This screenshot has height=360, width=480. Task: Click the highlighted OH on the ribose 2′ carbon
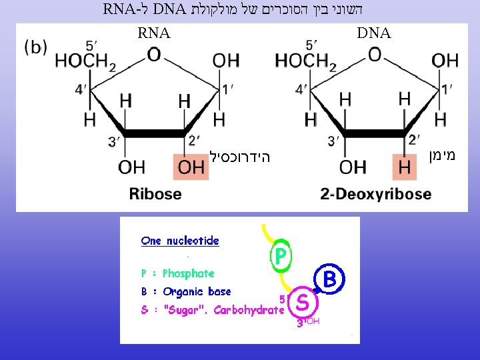tap(191, 167)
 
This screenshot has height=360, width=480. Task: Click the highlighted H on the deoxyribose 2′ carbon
tap(405, 167)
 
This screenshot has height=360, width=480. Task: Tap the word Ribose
tap(155, 194)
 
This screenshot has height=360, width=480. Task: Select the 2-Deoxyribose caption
tap(375, 194)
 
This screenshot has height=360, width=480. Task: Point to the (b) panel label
tap(35, 47)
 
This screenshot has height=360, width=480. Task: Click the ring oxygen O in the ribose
tap(154, 54)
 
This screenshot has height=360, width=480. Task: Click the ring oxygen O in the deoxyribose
tap(375, 54)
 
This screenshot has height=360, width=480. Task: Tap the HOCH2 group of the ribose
tap(85, 61)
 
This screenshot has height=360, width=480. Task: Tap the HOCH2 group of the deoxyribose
tap(306, 61)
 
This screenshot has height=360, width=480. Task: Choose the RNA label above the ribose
tap(154, 33)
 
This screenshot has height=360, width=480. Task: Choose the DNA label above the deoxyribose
tap(374, 33)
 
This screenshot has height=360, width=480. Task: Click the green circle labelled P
tap(281, 255)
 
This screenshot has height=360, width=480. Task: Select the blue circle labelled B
tap(330, 279)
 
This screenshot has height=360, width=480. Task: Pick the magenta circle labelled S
tap(302, 303)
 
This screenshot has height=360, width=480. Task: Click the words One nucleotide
tap(180, 241)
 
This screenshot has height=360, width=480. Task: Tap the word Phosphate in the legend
tap(189, 273)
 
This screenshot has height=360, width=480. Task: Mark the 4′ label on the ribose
tap(81, 89)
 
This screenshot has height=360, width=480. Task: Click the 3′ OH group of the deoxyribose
tap(352, 167)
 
